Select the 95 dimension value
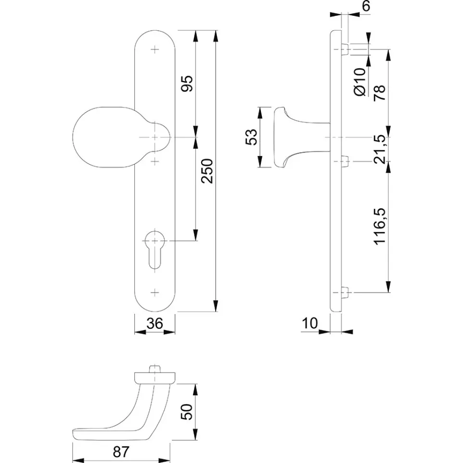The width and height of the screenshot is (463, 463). pos(187,84)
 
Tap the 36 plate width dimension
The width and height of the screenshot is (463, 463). pos(154,323)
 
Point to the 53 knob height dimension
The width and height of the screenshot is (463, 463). pos(251,137)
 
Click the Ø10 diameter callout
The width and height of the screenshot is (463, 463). pos(360,82)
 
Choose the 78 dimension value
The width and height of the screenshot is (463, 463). pos(380,93)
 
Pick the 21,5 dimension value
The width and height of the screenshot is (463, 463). pos(380,149)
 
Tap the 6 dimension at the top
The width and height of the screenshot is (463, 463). pos(366,6)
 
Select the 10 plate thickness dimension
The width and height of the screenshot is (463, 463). pos(310,323)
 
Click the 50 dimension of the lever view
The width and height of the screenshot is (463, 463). pos(187,412)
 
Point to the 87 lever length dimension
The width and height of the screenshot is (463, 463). pos(121,452)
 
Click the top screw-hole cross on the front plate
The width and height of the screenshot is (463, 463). pos(154,49)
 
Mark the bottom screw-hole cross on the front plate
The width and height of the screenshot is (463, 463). pos(154,293)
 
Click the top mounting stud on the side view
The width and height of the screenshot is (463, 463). pos(345,49)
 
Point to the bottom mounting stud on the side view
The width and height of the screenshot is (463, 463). pos(345,293)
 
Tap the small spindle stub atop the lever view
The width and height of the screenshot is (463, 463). pos(154,370)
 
